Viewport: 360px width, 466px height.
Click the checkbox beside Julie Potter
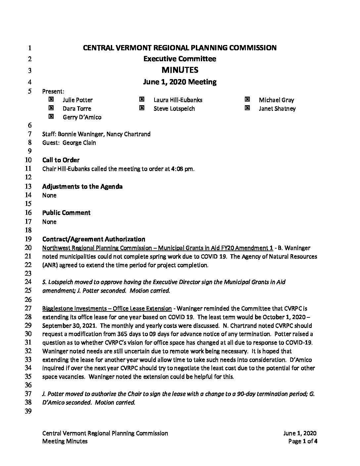[x=51, y=99]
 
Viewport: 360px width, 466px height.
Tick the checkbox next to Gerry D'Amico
[x=51, y=117]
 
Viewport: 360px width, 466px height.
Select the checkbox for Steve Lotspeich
[x=142, y=108]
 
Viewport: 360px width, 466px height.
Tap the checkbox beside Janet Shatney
[x=247, y=108]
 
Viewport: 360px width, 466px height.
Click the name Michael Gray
[x=276, y=100]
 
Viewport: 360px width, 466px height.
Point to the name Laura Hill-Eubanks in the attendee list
[x=178, y=100]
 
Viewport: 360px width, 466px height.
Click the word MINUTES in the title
[x=180, y=70]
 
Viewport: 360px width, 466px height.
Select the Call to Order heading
[x=61, y=160]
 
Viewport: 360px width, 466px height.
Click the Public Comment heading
[x=66, y=212]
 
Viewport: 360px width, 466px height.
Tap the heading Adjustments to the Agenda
[x=82, y=186]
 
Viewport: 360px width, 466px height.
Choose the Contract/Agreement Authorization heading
[x=94, y=239]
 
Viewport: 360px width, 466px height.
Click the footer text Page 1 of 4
[x=303, y=441]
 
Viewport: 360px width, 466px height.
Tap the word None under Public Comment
[x=49, y=222]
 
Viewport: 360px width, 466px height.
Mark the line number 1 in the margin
[x=29, y=48]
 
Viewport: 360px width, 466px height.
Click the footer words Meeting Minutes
[x=65, y=441]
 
